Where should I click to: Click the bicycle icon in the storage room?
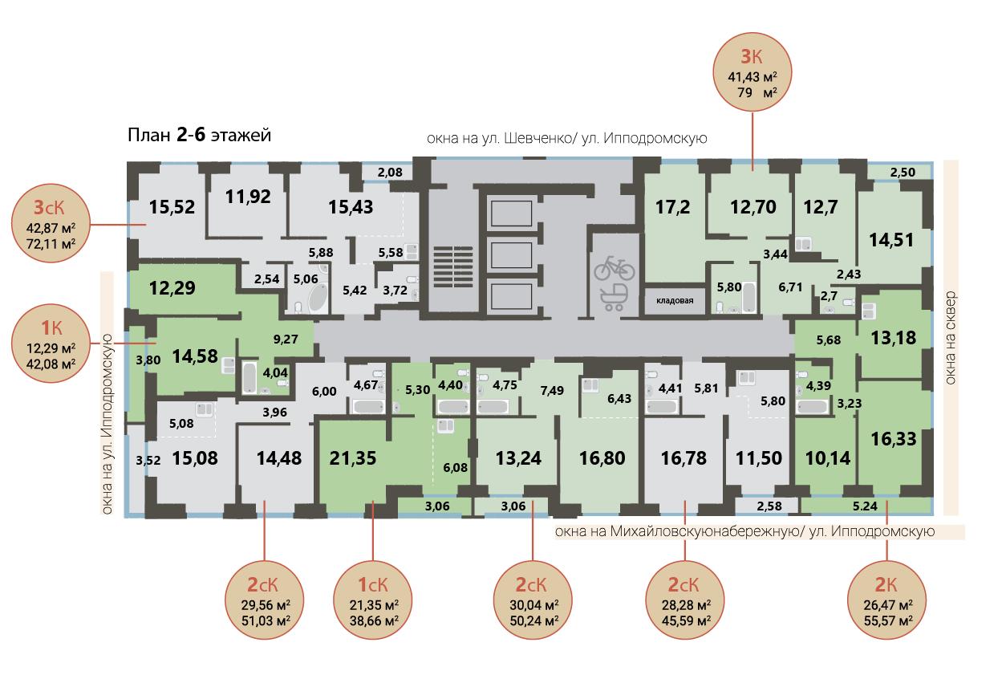[x=614, y=268]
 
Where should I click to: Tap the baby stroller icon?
[x=613, y=297]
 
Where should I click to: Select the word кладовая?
[x=675, y=301]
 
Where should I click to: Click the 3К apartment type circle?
[x=752, y=72]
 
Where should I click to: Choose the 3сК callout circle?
[x=51, y=223]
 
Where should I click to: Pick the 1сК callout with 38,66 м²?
[x=373, y=600]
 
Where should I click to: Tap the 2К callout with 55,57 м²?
[x=887, y=600]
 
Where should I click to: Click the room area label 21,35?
[x=352, y=458]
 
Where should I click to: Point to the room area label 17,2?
[x=672, y=207]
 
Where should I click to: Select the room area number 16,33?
[x=893, y=439]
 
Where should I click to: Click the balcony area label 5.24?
[x=865, y=506]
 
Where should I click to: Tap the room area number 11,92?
[x=248, y=197]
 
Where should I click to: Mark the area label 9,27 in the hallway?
[x=286, y=339]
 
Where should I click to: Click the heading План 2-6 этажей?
[x=200, y=135]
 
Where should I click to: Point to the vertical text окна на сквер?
[x=951, y=338]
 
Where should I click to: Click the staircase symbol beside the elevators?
[x=453, y=267]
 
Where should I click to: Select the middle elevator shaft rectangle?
[x=511, y=255]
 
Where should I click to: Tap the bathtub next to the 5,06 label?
[x=318, y=298]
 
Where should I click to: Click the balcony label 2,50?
[x=903, y=173]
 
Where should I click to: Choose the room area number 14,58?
[x=195, y=356]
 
